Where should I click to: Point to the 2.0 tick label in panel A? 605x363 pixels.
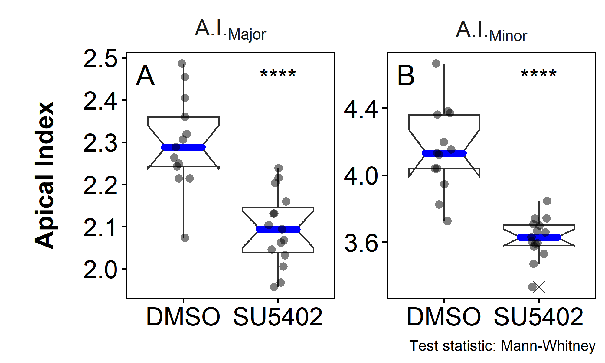100,270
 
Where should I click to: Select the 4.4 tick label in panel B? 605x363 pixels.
361,109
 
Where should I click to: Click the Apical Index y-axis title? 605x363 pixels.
44,175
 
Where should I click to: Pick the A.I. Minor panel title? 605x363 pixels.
491,31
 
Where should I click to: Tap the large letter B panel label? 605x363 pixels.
406,76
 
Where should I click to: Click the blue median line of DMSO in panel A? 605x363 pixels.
183,147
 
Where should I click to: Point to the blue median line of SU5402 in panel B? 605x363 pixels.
539,237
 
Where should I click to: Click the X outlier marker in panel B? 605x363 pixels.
539,287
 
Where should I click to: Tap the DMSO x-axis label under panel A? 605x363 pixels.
183,317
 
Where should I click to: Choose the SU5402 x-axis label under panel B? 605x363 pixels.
538,317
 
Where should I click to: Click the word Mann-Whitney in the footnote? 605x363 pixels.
548,346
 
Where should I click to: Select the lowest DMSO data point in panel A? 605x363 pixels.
185,238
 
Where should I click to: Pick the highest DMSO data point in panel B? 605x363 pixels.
436,64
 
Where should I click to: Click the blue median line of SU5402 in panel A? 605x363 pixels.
278,230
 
